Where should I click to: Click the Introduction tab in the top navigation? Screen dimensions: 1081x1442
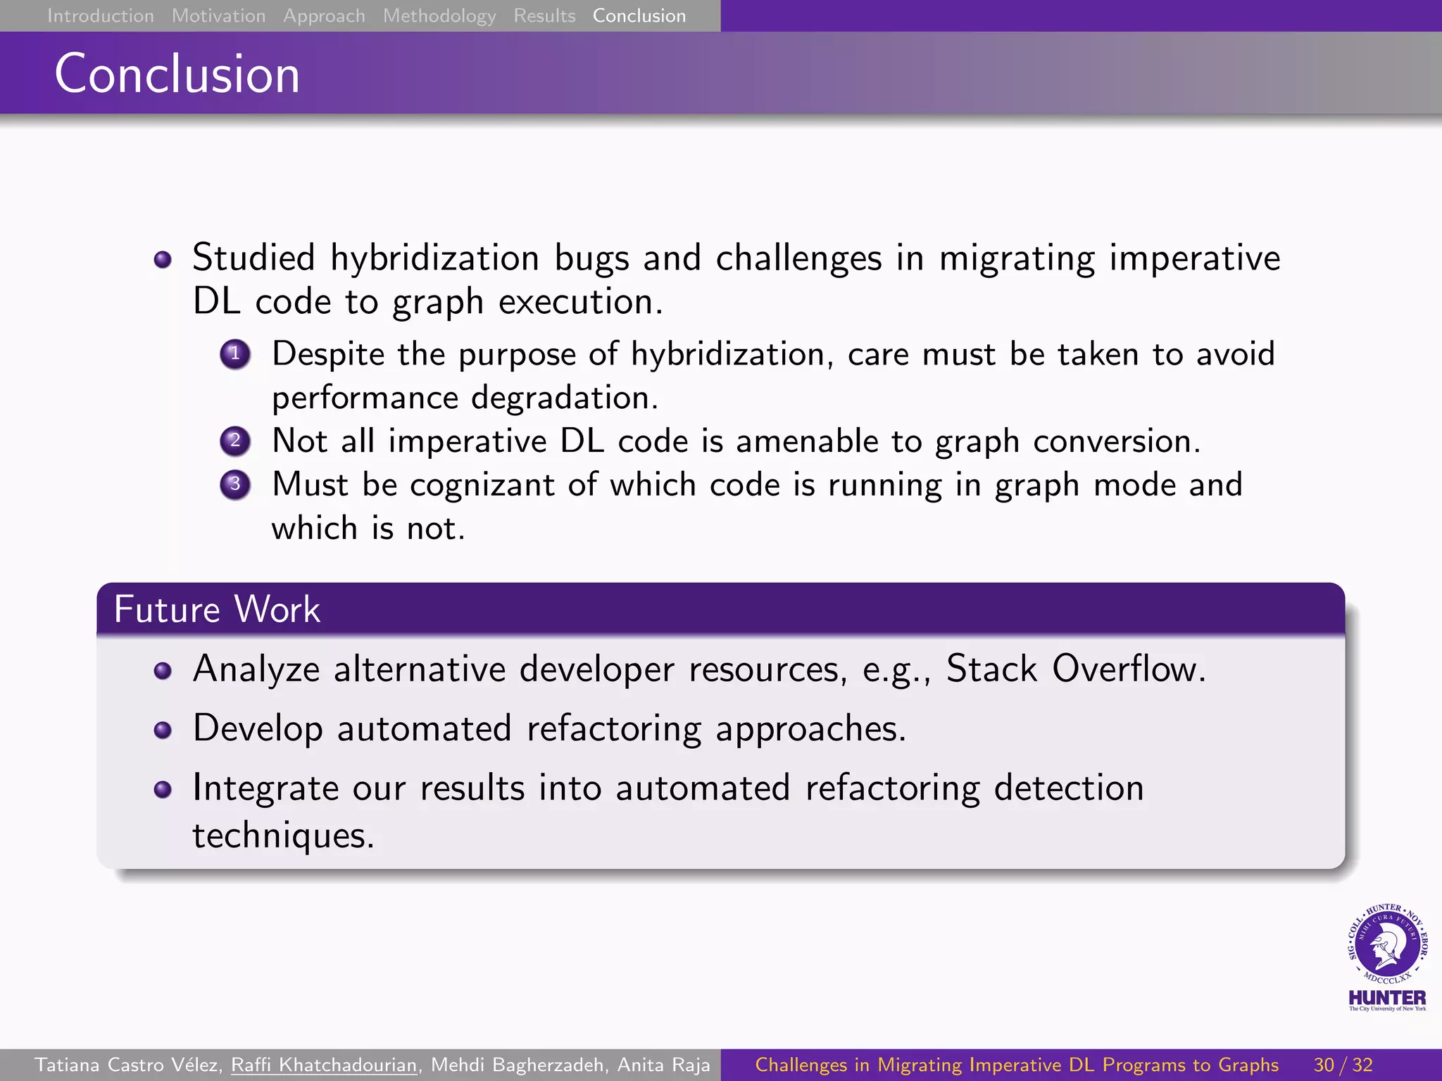tap(100, 15)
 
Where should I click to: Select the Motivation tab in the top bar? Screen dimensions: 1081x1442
tap(218, 15)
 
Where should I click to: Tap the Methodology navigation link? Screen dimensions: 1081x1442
tap(439, 15)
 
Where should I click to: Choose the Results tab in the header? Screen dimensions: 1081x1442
tap(544, 15)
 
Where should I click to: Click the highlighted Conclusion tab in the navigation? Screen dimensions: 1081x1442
tap(639, 15)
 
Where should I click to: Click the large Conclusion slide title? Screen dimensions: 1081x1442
tap(177, 74)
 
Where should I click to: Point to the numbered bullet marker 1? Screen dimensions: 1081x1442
tap(234, 354)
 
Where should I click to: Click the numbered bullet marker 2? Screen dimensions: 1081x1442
tap(234, 441)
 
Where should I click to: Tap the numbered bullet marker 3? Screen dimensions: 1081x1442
tap(234, 485)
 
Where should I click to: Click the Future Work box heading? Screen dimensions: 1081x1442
tap(217, 609)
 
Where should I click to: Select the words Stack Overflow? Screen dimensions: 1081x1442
tap(1074, 669)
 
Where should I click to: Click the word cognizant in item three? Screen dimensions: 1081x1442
tap(482, 486)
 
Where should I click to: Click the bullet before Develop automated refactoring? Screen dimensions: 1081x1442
tap(163, 730)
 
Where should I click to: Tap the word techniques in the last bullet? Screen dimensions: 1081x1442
tap(282, 836)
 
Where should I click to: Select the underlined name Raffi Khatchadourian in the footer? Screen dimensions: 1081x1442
tap(325, 1065)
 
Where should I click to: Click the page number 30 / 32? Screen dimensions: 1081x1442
tap(1343, 1065)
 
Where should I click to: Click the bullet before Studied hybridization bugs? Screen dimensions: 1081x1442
tap(163, 260)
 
